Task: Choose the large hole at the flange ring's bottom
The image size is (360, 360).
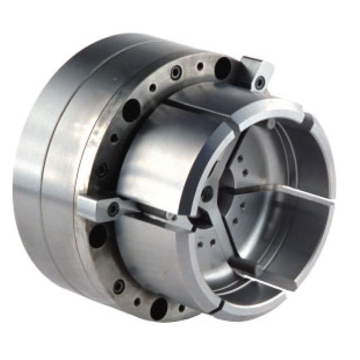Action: pos(159,308)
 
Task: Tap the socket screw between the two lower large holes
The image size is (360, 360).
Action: pos(119,286)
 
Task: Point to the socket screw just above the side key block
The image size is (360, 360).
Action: pos(102,171)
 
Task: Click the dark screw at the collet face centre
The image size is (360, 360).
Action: pos(207,195)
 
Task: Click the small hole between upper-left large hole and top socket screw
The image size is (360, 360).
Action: pos(153,88)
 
